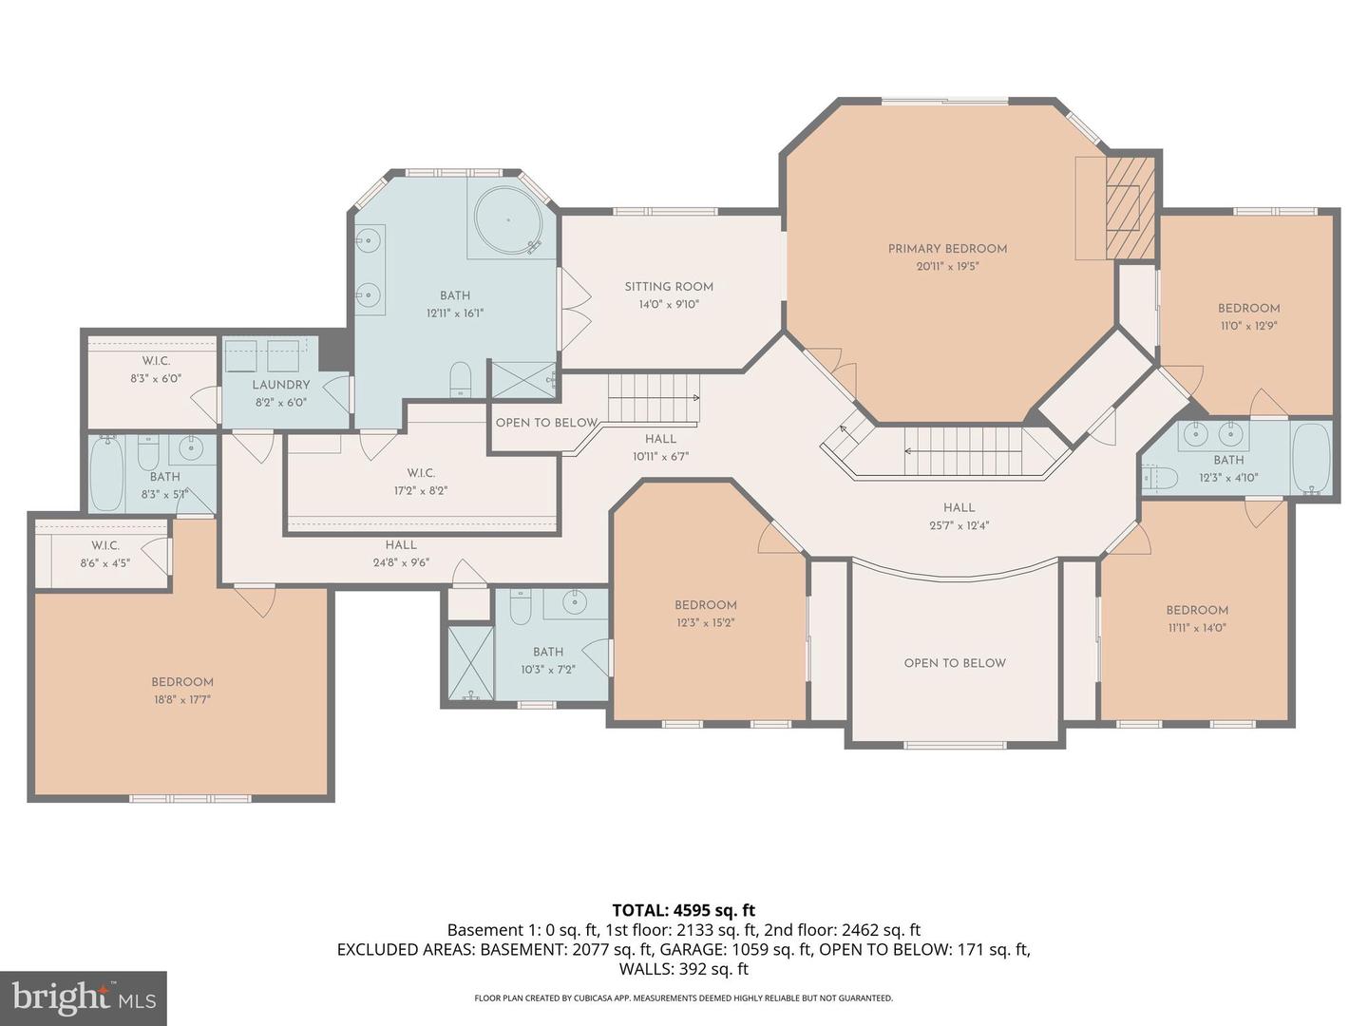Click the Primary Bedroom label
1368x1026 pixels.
[x=947, y=249]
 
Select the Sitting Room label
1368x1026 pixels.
[x=669, y=286]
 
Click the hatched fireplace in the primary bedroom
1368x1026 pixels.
[x=1130, y=208]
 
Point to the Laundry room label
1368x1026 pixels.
[x=281, y=385]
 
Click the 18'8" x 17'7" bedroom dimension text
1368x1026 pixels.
[x=181, y=700]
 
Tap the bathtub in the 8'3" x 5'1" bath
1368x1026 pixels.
[x=106, y=472]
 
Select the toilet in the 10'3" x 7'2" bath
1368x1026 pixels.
[x=520, y=606]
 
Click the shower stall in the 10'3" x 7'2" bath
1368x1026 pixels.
[x=470, y=661]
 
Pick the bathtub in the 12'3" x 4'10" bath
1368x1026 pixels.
[x=1311, y=459]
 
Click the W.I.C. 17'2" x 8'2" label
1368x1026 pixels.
[x=421, y=473]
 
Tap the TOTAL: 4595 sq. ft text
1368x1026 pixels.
[x=683, y=910]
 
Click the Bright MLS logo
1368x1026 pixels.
[x=83, y=997]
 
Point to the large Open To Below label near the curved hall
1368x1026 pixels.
[x=955, y=663]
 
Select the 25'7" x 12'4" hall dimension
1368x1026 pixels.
[x=959, y=525]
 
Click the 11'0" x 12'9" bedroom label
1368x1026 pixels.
[x=1248, y=308]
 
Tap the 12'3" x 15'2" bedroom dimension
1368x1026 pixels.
[x=706, y=623]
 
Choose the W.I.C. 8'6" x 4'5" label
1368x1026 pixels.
[x=104, y=545]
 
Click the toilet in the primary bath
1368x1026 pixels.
[x=460, y=377]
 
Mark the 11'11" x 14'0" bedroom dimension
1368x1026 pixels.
[x=1197, y=628]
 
